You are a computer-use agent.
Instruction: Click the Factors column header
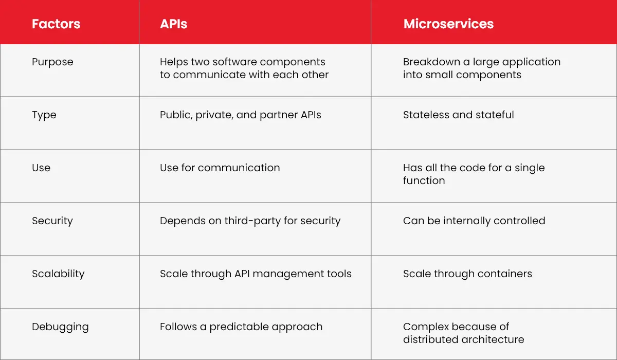(x=56, y=24)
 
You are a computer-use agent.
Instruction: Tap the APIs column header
(x=174, y=24)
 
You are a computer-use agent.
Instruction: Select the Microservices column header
(x=448, y=24)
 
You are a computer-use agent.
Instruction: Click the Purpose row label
(x=52, y=62)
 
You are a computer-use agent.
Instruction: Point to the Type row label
(x=44, y=115)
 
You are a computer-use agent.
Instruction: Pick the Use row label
(x=41, y=168)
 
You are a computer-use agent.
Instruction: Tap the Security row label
(x=52, y=221)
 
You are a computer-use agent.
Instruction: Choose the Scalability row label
(x=58, y=274)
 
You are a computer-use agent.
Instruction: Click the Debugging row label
(x=60, y=327)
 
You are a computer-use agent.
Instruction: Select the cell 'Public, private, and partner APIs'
(x=241, y=115)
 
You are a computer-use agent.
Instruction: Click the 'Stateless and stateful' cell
(x=459, y=115)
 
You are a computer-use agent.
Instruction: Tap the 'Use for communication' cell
(x=220, y=168)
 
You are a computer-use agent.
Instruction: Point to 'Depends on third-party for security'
(x=250, y=221)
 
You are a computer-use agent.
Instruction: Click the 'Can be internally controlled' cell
(x=474, y=221)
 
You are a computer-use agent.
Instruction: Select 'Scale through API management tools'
(x=256, y=274)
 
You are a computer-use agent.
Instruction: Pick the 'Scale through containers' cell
(x=468, y=274)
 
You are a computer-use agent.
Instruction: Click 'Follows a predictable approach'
(x=241, y=327)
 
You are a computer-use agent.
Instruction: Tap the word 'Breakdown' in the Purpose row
(x=431, y=62)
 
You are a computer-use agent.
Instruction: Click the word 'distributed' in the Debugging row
(x=430, y=339)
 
